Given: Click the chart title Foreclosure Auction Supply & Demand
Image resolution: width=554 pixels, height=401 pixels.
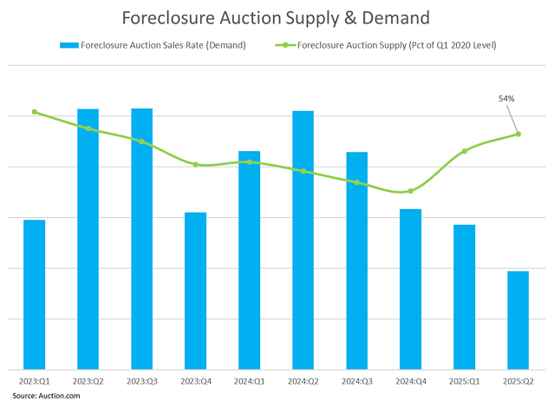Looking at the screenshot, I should [x=276, y=17].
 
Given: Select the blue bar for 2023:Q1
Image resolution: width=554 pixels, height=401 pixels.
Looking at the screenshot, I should [x=34, y=295].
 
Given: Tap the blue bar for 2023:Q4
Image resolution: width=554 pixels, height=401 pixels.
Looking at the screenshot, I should [x=195, y=291].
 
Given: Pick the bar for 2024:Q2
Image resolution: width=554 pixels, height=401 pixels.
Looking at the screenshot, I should [x=303, y=240].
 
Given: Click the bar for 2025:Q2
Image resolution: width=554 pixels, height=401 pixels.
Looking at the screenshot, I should [x=518, y=320].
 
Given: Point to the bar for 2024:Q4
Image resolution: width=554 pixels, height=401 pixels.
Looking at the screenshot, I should [x=410, y=289].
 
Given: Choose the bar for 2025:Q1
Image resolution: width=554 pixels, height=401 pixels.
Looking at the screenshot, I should [x=464, y=297].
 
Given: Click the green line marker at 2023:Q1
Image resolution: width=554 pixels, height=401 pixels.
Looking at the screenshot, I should [x=34, y=112].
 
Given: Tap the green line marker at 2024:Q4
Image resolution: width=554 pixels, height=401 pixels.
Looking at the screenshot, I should [x=410, y=191].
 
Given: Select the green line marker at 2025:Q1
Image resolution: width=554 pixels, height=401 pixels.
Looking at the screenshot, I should [x=464, y=151].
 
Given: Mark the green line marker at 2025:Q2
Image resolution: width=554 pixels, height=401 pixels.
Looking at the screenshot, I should [x=518, y=134].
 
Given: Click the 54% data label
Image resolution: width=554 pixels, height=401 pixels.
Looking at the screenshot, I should [x=506, y=99].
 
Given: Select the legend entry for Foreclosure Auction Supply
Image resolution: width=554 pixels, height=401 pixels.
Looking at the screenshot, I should [x=395, y=45].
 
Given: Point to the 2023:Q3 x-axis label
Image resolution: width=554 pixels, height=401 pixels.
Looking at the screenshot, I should [x=141, y=381].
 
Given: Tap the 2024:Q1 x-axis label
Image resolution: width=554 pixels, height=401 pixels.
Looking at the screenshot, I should [x=249, y=381].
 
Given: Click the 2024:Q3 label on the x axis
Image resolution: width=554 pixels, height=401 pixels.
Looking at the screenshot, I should [x=356, y=381].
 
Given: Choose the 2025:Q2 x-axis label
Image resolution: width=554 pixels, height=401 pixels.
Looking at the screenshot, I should [x=518, y=381].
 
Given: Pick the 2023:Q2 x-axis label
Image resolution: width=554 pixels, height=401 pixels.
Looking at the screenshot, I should [x=88, y=381].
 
